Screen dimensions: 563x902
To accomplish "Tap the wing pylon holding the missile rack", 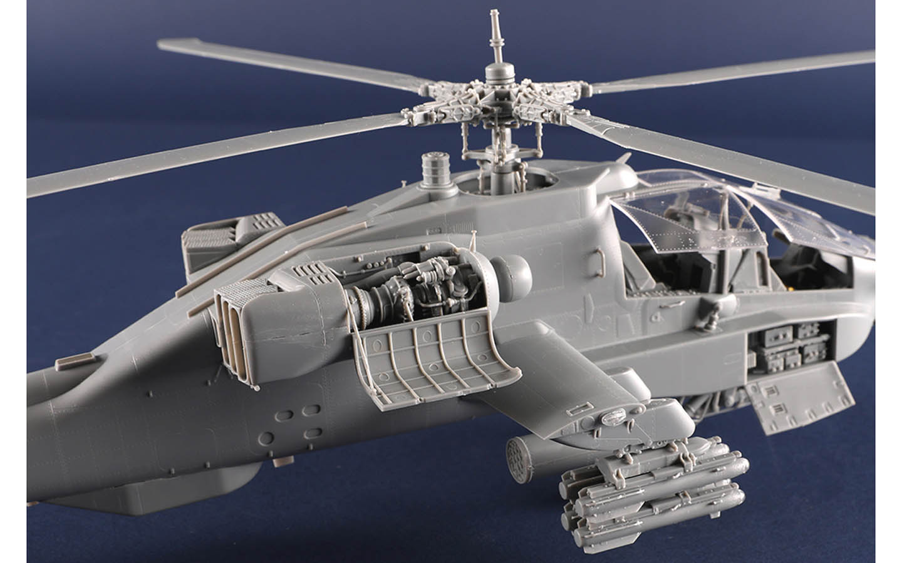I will click(633, 419).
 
